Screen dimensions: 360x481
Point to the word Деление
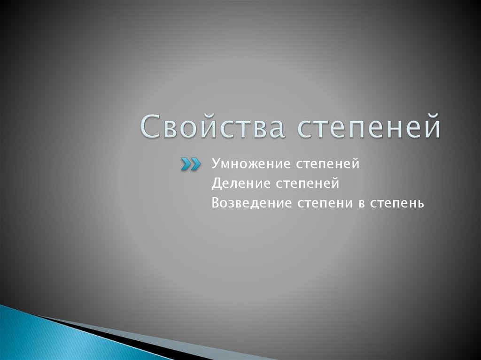237,184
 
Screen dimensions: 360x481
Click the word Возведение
251,203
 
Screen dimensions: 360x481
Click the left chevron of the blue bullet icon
186,164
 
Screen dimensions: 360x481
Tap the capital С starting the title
149,125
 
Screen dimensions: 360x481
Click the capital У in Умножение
215,164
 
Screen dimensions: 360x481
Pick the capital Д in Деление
216,184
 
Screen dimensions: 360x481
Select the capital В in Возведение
215,203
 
